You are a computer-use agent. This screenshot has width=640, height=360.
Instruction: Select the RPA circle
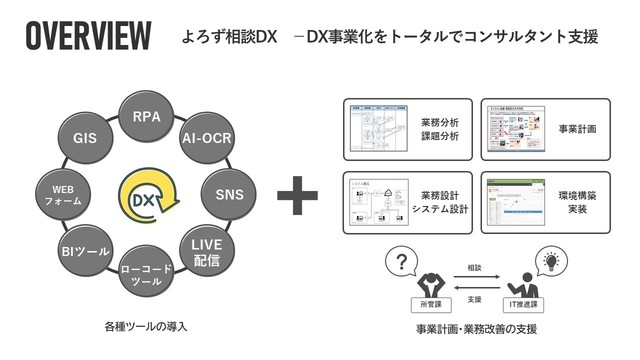point(147,116)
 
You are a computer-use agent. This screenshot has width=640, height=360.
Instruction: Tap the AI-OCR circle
point(207,139)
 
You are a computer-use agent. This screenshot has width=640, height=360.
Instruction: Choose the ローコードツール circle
point(147,273)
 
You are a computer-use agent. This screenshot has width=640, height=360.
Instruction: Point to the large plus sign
point(296,195)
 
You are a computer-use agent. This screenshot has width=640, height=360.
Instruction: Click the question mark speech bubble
point(400,263)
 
